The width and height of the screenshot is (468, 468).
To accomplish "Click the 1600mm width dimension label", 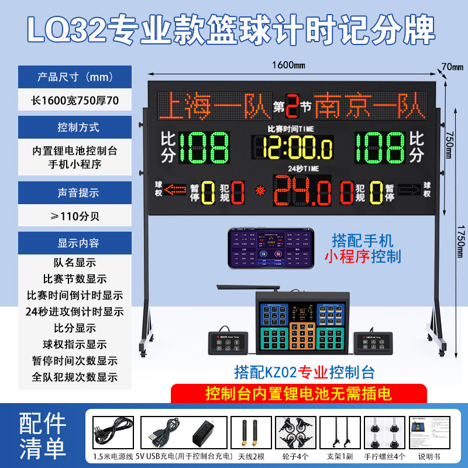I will point(289,66).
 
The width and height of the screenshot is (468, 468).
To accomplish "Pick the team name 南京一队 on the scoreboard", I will point(370,106).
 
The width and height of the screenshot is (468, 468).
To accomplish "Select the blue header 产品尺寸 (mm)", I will point(75,77).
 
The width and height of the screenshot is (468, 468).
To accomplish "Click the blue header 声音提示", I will point(75,192).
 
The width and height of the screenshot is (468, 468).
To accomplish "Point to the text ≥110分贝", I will point(75,215).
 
